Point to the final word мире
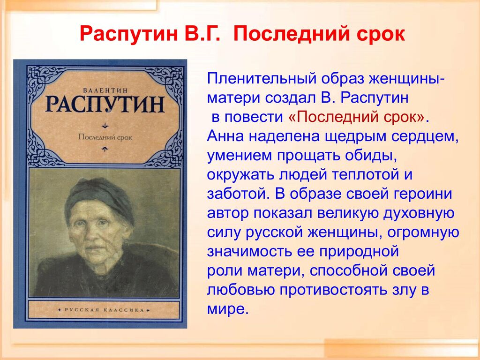[x=226, y=309]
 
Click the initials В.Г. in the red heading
[x=202, y=34]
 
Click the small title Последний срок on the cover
[x=105, y=137]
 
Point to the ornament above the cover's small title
[x=105, y=125]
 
